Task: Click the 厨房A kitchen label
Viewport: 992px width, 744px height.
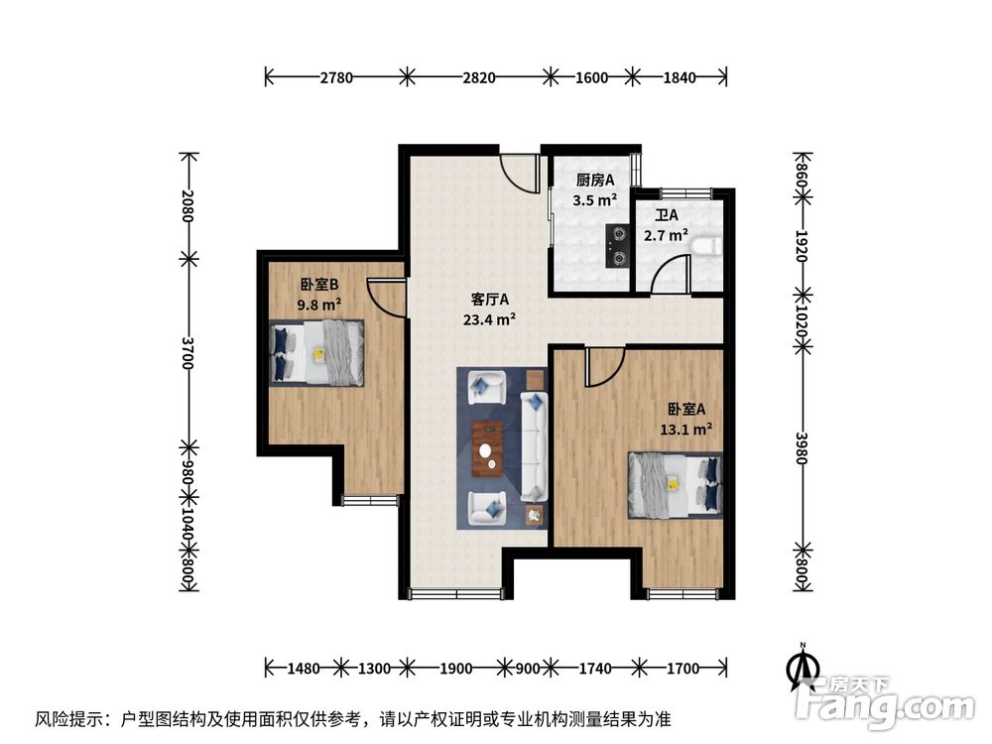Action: [x=595, y=181]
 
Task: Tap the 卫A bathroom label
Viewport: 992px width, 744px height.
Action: [x=666, y=215]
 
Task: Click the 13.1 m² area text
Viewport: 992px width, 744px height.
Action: [x=686, y=430]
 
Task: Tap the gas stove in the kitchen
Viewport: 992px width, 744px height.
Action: [x=618, y=247]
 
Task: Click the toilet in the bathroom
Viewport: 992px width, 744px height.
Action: [x=703, y=245]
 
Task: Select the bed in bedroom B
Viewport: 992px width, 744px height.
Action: [x=317, y=352]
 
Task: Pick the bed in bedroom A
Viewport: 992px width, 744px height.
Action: [x=674, y=485]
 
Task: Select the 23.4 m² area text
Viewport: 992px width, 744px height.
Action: [x=489, y=319]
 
